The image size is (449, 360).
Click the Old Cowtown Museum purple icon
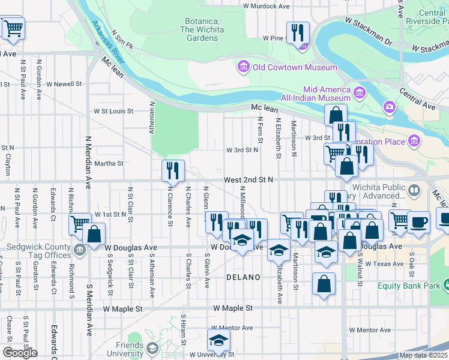pos(244,67)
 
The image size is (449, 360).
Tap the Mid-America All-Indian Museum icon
pos(360,92)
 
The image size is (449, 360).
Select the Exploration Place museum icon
pos(414,140)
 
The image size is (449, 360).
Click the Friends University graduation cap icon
pos(152,348)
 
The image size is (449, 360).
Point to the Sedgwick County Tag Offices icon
pos(79,248)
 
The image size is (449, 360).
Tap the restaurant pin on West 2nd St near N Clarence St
pos(172,171)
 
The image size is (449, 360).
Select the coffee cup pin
pos(418,221)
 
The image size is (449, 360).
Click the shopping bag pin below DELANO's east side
pos(324,284)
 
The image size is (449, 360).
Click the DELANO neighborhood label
pos(243,277)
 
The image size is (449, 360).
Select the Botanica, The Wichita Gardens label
pos(201,29)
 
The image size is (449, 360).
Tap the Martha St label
pos(109,163)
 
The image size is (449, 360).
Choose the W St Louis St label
pos(112,111)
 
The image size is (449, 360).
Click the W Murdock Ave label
pos(266,6)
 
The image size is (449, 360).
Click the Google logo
pos(20,353)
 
